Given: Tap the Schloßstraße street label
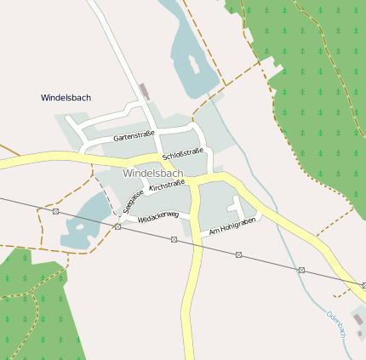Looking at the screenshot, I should click(x=182, y=154).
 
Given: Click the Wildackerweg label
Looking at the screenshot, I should click(x=158, y=216).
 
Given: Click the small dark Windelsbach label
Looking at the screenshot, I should click(x=66, y=98).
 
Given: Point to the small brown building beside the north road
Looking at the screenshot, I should click(x=143, y=90).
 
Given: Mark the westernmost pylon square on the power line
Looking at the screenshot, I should click(x=55, y=211).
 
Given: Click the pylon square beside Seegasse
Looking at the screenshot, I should click(x=117, y=226).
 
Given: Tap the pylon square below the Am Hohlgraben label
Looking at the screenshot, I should click(x=238, y=254).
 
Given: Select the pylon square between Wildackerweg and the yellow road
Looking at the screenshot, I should click(x=174, y=239).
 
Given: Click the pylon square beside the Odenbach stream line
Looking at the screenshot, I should click(x=301, y=270).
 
